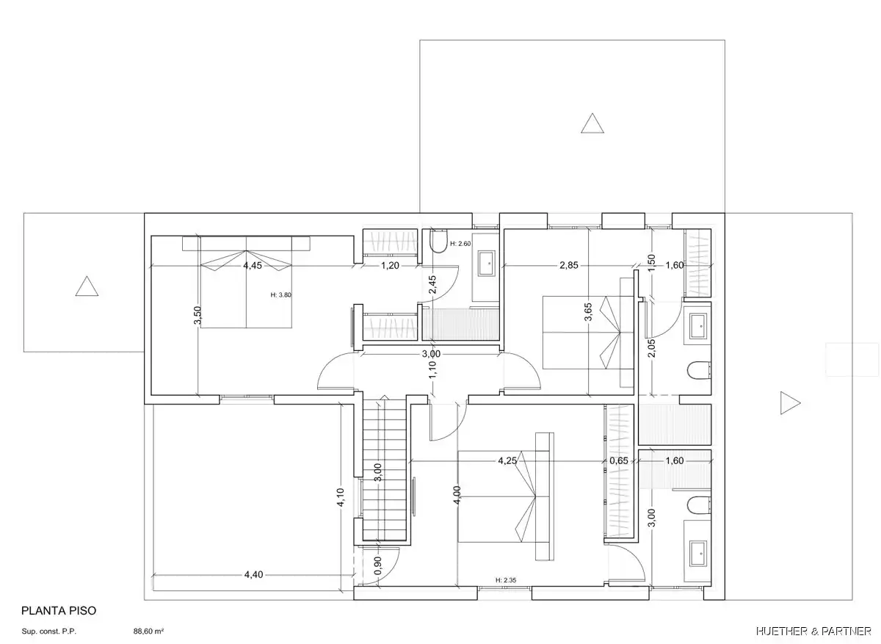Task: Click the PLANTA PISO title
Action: click(x=59, y=610)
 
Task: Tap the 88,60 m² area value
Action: click(x=148, y=631)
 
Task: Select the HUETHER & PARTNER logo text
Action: click(x=813, y=631)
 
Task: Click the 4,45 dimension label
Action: click(x=253, y=266)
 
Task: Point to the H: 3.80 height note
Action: click(x=280, y=294)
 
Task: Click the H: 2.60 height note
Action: click(x=460, y=244)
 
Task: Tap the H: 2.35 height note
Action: click(x=506, y=580)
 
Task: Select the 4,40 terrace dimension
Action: click(x=254, y=574)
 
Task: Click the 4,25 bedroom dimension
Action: click(x=507, y=460)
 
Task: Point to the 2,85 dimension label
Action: click(x=569, y=265)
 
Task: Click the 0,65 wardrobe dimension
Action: click(x=619, y=460)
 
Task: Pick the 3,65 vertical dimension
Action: click(x=588, y=311)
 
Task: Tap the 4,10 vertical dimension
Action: click(x=341, y=497)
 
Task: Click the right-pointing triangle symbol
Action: click(x=789, y=403)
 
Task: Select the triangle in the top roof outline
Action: click(x=592, y=123)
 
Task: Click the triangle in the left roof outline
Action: click(x=87, y=286)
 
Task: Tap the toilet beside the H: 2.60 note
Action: click(x=439, y=241)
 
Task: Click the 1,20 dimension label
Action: click(x=390, y=266)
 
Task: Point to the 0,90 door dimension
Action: click(x=377, y=565)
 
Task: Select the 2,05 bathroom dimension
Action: click(x=652, y=348)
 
